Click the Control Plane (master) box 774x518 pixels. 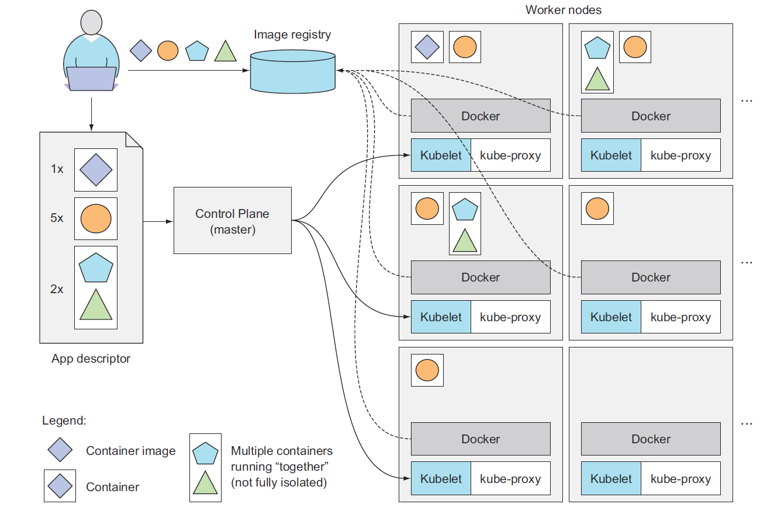232,220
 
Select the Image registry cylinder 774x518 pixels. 292,72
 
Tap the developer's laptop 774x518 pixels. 91,78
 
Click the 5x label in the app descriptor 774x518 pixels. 57,218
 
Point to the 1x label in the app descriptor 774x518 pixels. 57,169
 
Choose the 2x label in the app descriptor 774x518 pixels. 57,288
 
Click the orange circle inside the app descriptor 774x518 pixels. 96,219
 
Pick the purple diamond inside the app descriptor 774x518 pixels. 96,169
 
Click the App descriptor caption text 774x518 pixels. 91,359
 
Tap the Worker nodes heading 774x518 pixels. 563,10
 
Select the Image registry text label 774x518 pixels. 292,34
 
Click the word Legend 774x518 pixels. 64,420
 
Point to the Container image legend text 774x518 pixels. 130,451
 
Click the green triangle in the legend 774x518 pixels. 205,482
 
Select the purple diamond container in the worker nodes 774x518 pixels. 427,47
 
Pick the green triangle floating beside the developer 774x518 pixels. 225,51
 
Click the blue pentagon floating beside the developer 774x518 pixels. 197,51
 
